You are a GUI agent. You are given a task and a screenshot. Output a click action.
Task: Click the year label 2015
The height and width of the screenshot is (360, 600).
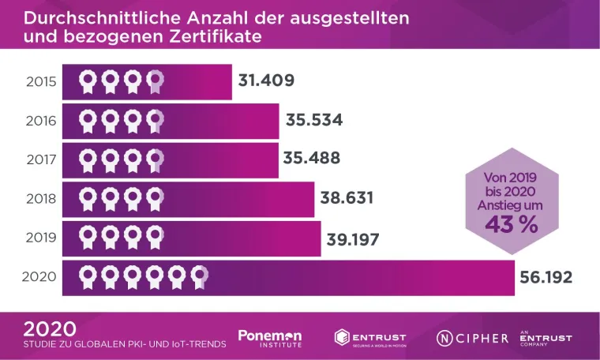[40, 81]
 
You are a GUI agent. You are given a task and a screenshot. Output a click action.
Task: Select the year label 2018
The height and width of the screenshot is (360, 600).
[40, 198]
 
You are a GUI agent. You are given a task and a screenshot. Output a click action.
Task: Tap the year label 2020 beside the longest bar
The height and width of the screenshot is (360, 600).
[39, 276]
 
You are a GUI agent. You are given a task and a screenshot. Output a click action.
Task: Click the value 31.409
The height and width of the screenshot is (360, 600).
[267, 81]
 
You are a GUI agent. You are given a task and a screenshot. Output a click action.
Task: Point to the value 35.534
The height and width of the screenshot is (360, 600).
[313, 120]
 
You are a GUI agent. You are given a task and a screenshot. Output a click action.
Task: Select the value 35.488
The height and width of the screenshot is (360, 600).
[311, 159]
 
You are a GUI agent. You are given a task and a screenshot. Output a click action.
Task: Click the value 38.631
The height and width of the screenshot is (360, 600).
[347, 198]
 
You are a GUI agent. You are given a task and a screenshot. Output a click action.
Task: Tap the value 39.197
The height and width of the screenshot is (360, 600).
[354, 238]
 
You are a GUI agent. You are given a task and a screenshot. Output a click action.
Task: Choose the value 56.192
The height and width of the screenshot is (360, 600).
[546, 277]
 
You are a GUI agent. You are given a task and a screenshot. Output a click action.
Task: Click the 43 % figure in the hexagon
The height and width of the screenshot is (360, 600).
[511, 224]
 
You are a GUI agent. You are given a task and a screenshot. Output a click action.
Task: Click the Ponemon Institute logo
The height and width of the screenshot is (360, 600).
[270, 338]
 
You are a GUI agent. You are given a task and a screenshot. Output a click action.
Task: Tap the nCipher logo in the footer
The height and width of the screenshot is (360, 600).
[473, 338]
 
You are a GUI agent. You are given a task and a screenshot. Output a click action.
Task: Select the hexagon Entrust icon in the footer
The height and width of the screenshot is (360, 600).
[343, 338]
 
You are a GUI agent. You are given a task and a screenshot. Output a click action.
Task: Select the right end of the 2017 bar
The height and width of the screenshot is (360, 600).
[276, 159]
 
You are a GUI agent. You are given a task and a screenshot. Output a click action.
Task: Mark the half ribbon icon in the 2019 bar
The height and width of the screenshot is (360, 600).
[156, 238]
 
